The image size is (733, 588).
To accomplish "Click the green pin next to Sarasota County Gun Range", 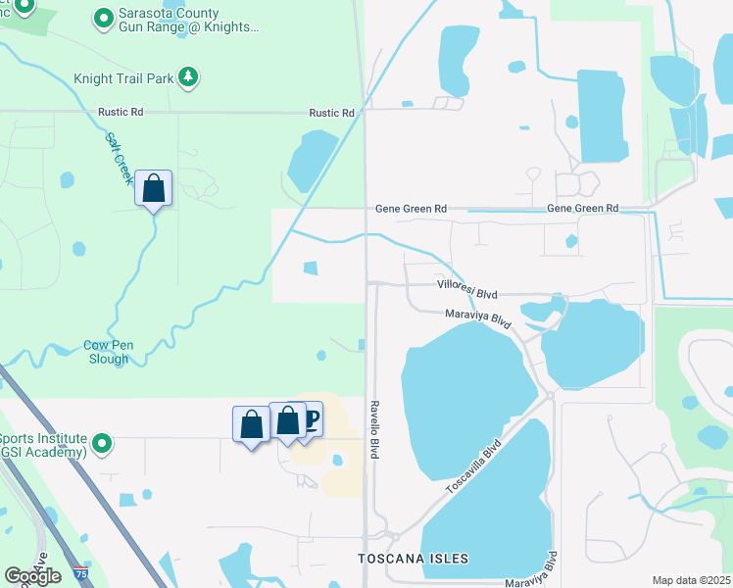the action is point(103,18).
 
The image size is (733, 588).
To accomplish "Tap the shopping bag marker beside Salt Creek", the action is point(154,187).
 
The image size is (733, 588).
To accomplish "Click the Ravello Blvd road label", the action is point(374,428).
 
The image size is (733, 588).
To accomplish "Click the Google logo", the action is point(32,576).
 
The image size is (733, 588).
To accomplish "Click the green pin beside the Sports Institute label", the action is point(103,445).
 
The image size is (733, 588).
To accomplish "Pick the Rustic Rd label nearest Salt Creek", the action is point(121,113).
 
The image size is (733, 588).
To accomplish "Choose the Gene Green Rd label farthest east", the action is point(583,209).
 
